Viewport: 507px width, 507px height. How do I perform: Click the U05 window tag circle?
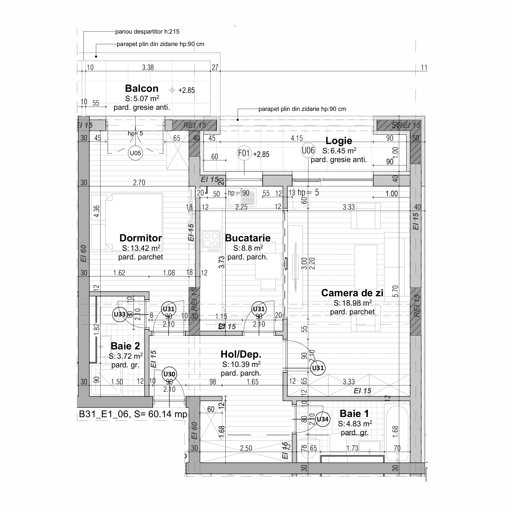(135, 153)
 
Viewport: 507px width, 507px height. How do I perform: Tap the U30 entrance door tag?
(169, 374)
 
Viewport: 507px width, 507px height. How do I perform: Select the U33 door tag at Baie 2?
(120, 314)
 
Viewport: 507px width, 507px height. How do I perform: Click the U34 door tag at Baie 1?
(322, 419)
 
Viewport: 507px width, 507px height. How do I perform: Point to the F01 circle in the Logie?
(244, 153)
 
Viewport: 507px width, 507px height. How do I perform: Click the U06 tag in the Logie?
(308, 150)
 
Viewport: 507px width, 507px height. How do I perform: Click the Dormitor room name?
(141, 238)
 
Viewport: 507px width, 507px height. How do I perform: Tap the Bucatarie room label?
(247, 238)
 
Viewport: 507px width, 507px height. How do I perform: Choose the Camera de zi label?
(352, 293)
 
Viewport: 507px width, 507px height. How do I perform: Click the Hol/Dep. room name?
(241, 354)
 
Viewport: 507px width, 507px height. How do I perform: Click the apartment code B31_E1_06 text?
(104, 414)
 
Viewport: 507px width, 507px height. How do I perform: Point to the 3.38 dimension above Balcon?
(148, 67)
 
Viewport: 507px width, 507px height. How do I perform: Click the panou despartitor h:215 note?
(147, 32)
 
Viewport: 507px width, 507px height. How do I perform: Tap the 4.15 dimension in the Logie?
(297, 138)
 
